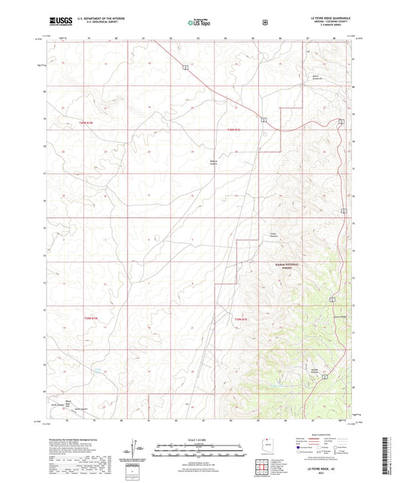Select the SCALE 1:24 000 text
(199, 439)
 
